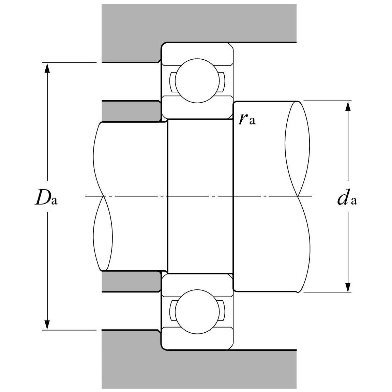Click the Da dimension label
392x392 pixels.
click(x=46, y=199)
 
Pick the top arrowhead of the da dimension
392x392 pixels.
click(x=348, y=107)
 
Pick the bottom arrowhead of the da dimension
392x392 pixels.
click(x=348, y=287)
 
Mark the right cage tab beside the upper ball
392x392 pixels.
click(x=221, y=82)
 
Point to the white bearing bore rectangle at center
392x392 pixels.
click(x=200, y=196)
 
